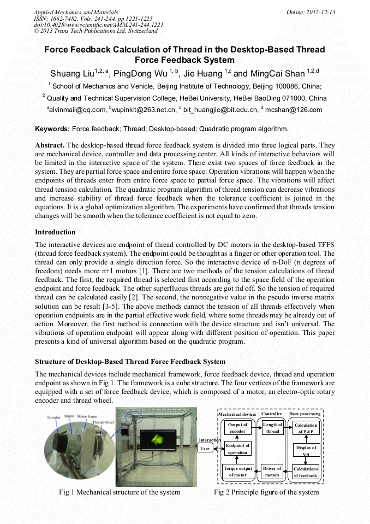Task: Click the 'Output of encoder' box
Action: click(237, 428)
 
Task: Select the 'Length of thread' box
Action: click(272, 428)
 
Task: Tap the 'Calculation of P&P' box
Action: click(306, 428)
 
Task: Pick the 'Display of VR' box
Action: click(306, 451)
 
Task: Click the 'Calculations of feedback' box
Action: click(306, 472)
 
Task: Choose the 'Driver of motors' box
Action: click(272, 472)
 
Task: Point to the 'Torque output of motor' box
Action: click(237, 472)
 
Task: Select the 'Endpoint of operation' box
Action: click(237, 449)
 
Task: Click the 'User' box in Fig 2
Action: click(206, 449)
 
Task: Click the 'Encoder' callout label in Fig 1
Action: click(54, 417)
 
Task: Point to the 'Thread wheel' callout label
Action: click(103, 422)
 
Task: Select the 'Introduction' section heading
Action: click(55, 232)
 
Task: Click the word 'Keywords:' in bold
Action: click(52, 129)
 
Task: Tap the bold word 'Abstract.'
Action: click(50, 145)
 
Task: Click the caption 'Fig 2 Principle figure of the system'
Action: click(266, 492)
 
